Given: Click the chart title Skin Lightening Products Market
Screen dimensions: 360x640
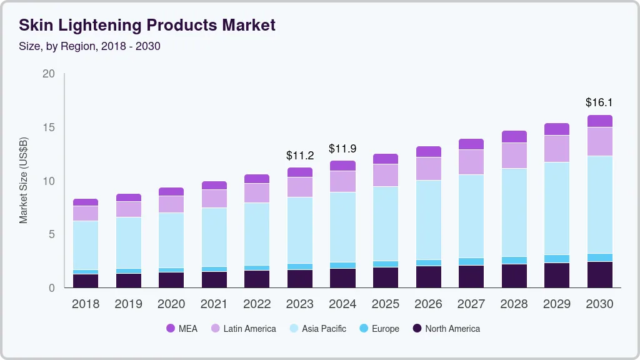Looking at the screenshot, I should tap(147, 26).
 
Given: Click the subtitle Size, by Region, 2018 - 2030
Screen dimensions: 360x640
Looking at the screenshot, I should tap(90, 46).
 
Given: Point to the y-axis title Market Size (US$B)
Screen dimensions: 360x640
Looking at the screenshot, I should tap(24, 181).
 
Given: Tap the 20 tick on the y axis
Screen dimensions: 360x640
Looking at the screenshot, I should tap(49, 74).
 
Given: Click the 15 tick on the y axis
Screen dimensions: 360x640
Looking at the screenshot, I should tap(49, 127).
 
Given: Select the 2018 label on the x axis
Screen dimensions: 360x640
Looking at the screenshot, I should tap(86, 304).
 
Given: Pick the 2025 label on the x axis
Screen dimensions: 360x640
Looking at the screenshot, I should tap(386, 304).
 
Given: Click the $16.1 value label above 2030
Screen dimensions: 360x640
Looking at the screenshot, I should tap(599, 102).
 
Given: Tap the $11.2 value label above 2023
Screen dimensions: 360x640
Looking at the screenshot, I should tap(300, 155).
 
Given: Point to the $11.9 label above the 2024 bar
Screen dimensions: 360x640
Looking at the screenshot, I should tap(342, 149).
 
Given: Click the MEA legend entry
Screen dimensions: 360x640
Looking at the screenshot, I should tap(182, 329).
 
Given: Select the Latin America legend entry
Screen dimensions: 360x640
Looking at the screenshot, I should tap(243, 329).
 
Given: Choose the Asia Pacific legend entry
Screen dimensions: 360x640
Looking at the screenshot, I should tap(317, 329).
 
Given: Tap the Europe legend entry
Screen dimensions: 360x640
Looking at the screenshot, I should tap(379, 329).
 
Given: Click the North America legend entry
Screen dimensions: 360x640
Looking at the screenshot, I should tap(446, 329).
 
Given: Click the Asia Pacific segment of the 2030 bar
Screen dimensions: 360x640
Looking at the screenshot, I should tap(599, 204).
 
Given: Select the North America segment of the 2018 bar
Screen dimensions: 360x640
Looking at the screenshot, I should tap(86, 281).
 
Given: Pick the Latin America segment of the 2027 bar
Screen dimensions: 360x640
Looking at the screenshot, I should tap(471, 162).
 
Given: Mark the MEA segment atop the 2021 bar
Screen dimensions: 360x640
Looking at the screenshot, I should tap(214, 185).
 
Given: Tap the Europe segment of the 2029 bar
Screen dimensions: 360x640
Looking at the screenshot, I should tap(557, 259).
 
